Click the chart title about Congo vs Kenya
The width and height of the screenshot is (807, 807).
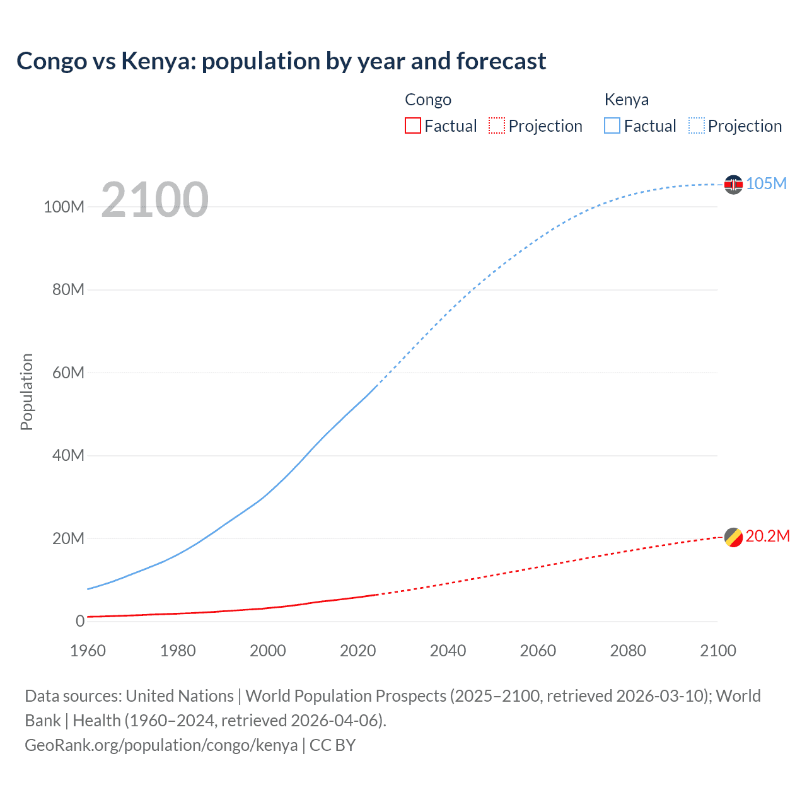click(x=281, y=61)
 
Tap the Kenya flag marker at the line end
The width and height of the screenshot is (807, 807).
click(x=733, y=184)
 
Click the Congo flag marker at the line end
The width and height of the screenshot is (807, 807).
click(x=733, y=537)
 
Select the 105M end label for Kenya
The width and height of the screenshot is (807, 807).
click(x=766, y=183)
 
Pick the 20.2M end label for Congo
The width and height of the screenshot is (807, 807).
click(x=767, y=536)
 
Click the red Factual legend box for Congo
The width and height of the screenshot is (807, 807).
click(x=412, y=125)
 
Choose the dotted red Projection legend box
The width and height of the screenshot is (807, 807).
click(x=497, y=125)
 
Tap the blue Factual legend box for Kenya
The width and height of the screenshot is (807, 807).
click(x=612, y=125)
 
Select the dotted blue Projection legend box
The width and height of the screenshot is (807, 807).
click(x=697, y=125)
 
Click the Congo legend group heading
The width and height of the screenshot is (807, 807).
click(x=428, y=100)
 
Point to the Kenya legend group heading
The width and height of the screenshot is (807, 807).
click(x=626, y=100)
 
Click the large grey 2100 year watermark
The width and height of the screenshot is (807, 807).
click(x=154, y=200)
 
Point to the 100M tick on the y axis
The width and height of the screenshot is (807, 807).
click(x=64, y=207)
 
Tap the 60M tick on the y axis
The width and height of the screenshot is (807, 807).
click(x=68, y=373)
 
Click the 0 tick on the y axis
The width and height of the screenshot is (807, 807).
click(x=80, y=621)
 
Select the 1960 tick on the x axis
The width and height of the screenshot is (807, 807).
click(x=88, y=651)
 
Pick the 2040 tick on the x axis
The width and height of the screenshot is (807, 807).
click(x=448, y=651)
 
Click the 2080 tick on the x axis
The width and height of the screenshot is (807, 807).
click(x=628, y=651)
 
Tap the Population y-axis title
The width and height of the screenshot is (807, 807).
click(x=26, y=392)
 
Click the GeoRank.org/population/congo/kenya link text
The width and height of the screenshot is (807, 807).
click(x=161, y=745)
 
